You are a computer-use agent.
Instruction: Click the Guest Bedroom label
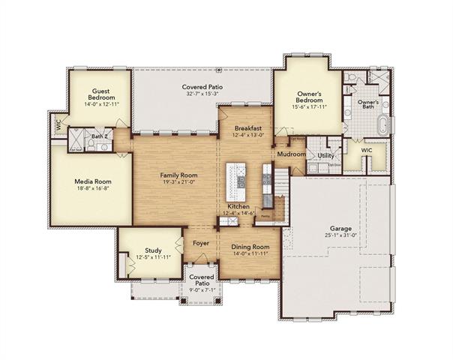[101, 94]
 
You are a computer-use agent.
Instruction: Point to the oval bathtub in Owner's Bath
[385, 124]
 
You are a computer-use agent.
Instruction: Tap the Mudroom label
[291, 154]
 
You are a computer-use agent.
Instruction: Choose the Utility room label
[325, 156]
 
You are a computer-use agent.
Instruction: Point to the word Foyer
[200, 243]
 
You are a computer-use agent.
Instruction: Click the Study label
[154, 250]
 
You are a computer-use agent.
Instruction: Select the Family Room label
[178, 174]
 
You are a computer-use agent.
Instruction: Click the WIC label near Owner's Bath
[366, 150]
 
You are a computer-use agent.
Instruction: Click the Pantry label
[265, 214]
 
